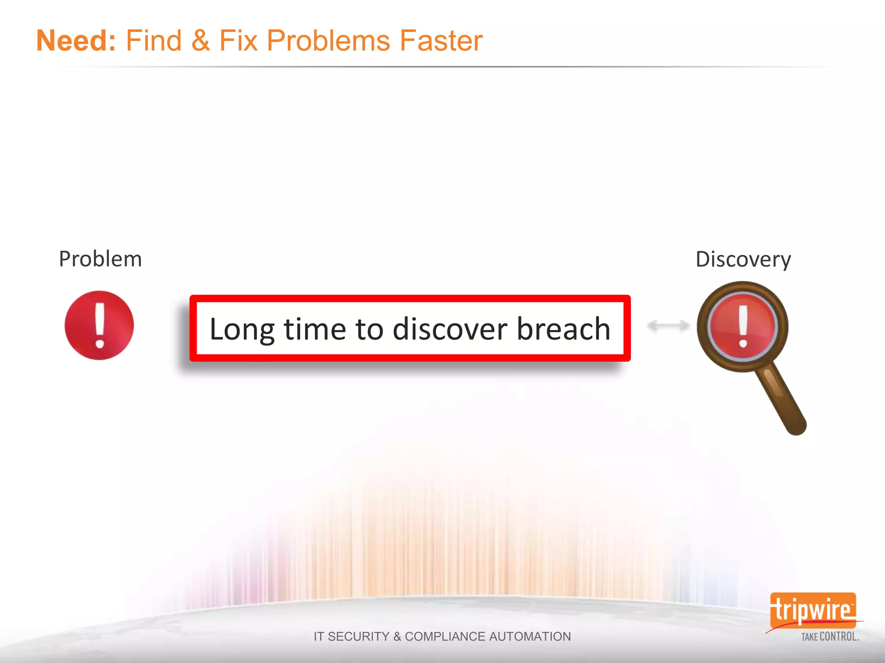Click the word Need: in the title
point(76,41)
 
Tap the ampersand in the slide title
point(200,41)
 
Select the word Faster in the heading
point(441,41)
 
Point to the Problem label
point(100,259)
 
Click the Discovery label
point(743,259)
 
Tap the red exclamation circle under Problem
point(99,325)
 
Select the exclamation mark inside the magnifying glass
point(743,326)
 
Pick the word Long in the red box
point(242,329)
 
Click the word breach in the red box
point(563,329)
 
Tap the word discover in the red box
point(450,329)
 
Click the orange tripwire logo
point(813,610)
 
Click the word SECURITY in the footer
point(358,636)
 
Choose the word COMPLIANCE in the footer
point(445,636)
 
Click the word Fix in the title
point(239,41)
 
